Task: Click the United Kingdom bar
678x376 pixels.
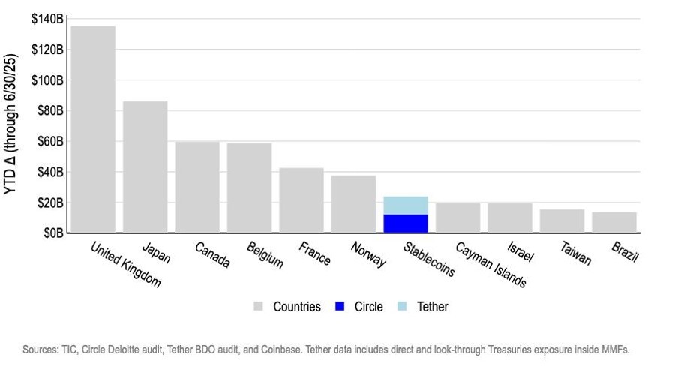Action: [93, 129]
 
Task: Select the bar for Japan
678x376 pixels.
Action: [145, 167]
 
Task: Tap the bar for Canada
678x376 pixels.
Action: [197, 187]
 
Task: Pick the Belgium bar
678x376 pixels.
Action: [249, 188]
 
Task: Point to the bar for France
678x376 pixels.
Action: [301, 200]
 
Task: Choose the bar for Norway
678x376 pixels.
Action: [353, 204]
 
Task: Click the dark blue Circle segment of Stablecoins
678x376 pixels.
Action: [406, 224]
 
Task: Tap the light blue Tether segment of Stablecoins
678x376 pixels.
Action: [406, 206]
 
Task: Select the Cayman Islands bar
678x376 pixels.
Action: [457, 218]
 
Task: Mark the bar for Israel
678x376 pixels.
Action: [510, 218]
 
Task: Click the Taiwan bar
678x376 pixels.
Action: [562, 221]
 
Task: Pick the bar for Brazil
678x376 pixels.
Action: [614, 222]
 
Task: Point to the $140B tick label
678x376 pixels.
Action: [47, 19]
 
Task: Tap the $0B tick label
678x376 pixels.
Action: [52, 233]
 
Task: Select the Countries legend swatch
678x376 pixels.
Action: [259, 307]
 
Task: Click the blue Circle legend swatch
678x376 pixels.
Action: [339, 307]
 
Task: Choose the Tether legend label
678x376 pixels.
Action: [432, 307]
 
